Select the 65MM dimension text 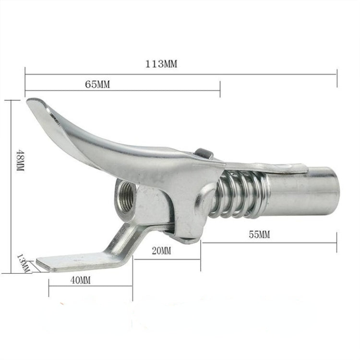[97, 84]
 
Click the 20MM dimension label [160, 251]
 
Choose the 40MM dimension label [80, 280]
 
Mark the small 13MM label [24, 264]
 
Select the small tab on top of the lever [204, 153]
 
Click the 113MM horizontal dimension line [240, 74]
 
